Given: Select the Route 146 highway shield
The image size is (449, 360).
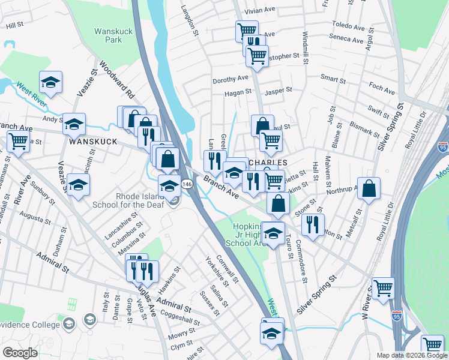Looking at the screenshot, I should coord(187,185).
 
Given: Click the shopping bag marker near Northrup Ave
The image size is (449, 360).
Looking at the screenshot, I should coord(369,188).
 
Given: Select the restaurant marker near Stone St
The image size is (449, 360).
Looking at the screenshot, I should coord(312,224).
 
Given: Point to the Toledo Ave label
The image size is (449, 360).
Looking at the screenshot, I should coord(349,28).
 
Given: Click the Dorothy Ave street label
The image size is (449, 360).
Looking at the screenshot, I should coord(230,79).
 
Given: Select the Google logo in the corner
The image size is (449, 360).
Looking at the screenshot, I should coord(20,352).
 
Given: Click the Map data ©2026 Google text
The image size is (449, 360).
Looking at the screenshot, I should coord(412,355).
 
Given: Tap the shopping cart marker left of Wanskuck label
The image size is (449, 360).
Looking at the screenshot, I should coord(19,143).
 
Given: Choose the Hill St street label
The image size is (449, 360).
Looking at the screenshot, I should coord(14,26).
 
